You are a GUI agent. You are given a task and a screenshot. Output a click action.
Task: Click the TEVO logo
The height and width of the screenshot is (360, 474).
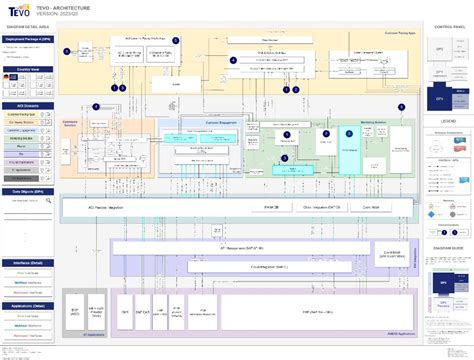tap(23, 10)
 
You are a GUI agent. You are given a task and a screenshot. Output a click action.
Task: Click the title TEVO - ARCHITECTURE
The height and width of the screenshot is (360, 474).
tap(91, 6)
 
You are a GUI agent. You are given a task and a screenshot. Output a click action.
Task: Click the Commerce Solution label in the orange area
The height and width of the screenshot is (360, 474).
tap(70, 122)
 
